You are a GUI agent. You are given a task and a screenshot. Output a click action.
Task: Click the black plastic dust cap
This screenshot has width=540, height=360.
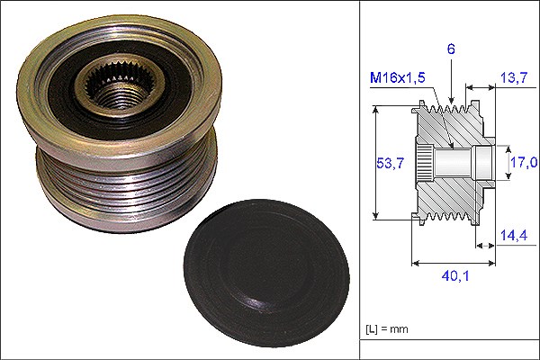pyautogui.click(x=267, y=273)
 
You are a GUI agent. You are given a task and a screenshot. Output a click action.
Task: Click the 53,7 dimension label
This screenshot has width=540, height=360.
pyautogui.click(x=390, y=163)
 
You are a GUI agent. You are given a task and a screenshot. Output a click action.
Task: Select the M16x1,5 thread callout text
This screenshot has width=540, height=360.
pyautogui.click(x=398, y=78)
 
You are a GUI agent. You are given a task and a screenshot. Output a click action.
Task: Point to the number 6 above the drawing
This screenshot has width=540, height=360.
pyautogui.click(x=451, y=49)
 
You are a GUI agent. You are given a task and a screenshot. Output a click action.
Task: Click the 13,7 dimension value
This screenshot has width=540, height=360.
pyautogui.click(x=514, y=78)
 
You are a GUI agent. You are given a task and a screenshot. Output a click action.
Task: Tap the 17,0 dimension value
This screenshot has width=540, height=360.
pyautogui.click(x=524, y=162)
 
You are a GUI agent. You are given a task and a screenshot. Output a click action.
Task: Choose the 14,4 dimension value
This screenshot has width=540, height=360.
pyautogui.click(x=514, y=235)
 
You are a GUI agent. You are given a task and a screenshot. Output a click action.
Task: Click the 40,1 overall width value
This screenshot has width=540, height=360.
pyautogui.click(x=455, y=275)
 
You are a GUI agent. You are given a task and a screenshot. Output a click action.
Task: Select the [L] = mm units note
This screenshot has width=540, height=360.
pyautogui.click(x=387, y=329)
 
